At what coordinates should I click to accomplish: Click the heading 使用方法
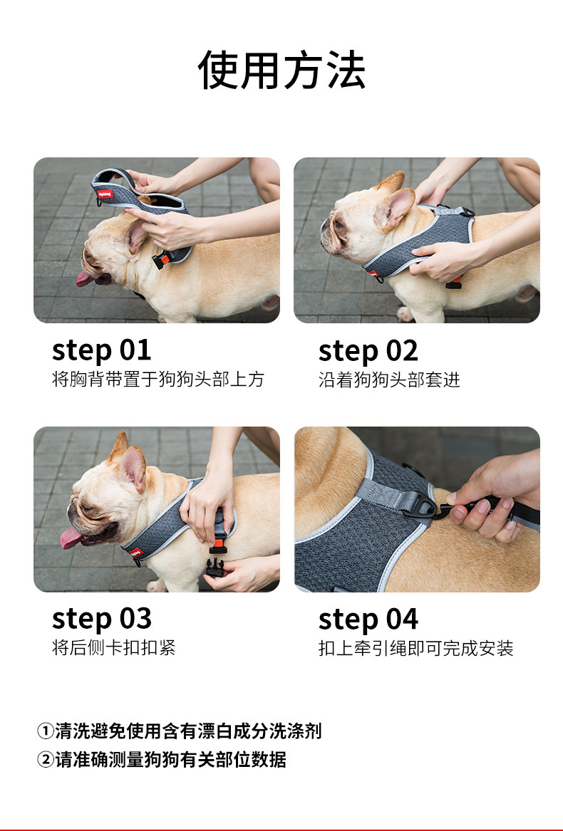(x=281, y=70)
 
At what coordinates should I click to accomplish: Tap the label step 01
(x=101, y=350)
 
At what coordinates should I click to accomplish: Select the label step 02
(x=368, y=351)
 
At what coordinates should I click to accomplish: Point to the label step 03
(x=102, y=619)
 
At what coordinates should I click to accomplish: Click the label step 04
(x=368, y=619)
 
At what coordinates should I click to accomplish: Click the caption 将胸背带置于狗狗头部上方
(x=158, y=380)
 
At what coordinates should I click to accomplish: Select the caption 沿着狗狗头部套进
(x=390, y=380)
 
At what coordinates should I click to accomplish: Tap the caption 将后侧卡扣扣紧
(x=113, y=647)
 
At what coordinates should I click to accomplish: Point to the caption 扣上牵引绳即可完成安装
(x=416, y=648)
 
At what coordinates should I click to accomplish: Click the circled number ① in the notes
(x=46, y=731)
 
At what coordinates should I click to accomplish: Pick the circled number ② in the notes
(x=46, y=760)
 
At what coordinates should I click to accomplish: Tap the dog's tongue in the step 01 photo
(x=85, y=278)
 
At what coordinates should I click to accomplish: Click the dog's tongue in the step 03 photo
(x=71, y=538)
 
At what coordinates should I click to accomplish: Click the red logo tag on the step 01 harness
(x=105, y=194)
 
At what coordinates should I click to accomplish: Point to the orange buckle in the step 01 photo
(x=164, y=260)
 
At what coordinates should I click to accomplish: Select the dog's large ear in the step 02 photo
(x=395, y=208)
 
